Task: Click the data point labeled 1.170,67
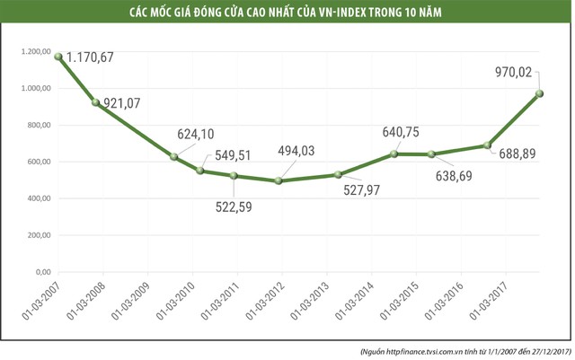(x=58, y=57)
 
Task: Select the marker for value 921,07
(x=97, y=102)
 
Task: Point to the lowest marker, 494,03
(x=279, y=180)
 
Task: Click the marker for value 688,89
(x=488, y=145)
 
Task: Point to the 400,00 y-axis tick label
(x=37, y=198)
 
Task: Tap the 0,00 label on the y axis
(x=42, y=272)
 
